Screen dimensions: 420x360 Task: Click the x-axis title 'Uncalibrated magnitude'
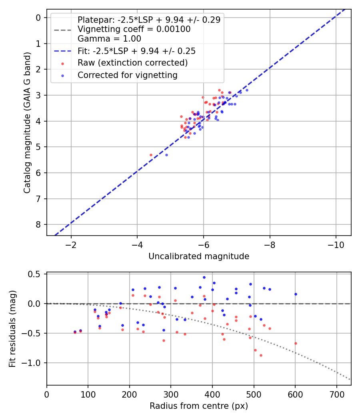pos(199,256)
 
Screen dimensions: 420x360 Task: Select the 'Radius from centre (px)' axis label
pos(199,406)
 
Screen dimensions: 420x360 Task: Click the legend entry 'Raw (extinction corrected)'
pos(132,63)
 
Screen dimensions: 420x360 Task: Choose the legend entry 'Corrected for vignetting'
pos(127,75)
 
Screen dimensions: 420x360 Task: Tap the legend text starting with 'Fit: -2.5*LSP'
pos(136,51)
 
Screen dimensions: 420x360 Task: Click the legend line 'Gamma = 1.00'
pos(109,39)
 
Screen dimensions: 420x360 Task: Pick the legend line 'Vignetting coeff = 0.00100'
pos(134,29)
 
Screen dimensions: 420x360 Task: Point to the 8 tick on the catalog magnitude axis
pos(38,224)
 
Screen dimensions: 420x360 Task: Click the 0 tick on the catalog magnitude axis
pos(38,18)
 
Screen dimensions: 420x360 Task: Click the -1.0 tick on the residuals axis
pos(34,363)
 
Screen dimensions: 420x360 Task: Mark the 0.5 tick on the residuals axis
pos(35,274)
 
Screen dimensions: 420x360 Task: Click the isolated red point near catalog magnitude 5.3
pos(151,155)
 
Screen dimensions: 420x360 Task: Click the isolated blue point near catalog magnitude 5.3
pos(166,155)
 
